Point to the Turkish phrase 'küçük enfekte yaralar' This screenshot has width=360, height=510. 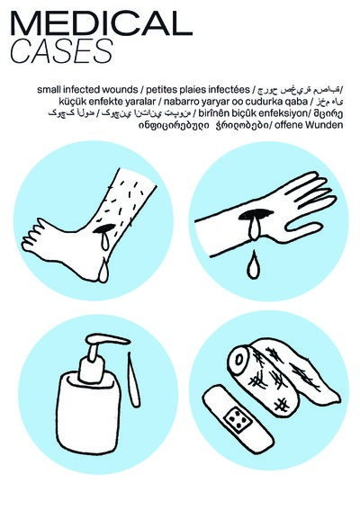point(94,103)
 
